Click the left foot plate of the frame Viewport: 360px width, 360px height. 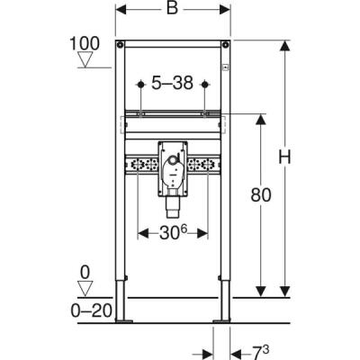126,319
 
